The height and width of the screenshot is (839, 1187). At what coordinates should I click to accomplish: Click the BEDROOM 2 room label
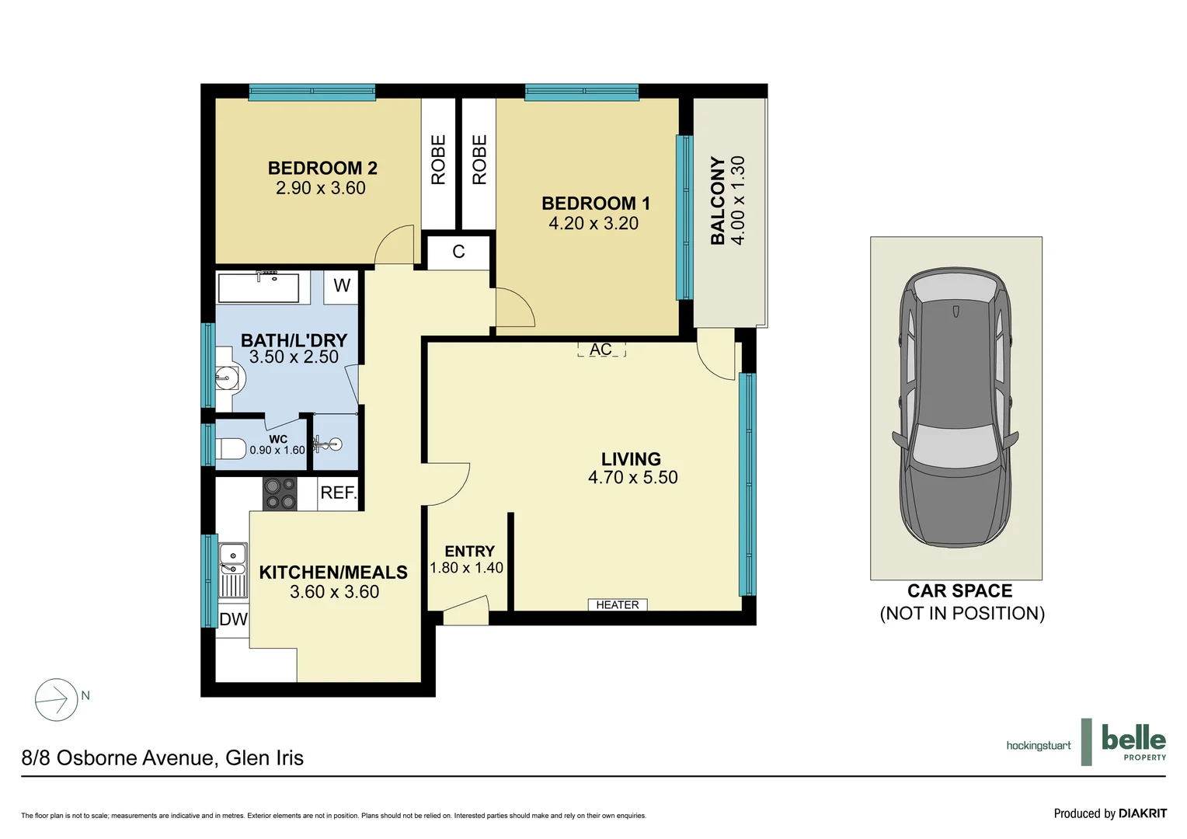coord(322,168)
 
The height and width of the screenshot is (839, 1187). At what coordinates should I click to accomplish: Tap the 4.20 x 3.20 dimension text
coord(593,224)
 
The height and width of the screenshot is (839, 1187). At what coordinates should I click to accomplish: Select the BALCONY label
coord(718,200)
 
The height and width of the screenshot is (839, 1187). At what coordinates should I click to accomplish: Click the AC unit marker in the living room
coord(600,350)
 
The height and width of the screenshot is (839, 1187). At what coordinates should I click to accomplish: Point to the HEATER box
coord(618,604)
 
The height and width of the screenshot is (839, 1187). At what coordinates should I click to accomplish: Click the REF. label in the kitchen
coord(338,493)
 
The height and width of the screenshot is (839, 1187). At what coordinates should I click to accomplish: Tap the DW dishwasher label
coord(233,619)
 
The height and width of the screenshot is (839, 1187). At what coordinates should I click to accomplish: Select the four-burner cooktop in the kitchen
coord(280,493)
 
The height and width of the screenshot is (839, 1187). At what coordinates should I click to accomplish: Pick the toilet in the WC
coord(231,449)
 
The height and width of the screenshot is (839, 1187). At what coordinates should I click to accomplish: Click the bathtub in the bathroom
coord(259,287)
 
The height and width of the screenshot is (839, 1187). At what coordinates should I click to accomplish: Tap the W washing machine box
coord(342,285)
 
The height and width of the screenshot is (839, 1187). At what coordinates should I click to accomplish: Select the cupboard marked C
coord(458,252)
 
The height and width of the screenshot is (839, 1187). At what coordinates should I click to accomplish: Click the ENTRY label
coord(469,551)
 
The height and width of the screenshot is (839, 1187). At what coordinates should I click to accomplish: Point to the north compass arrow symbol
coord(57,699)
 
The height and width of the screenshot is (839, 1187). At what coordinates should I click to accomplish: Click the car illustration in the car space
coord(956,408)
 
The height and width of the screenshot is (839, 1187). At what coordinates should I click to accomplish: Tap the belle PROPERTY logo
coord(1133,742)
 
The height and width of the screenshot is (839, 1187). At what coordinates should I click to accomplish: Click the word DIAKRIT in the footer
coord(1142,813)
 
